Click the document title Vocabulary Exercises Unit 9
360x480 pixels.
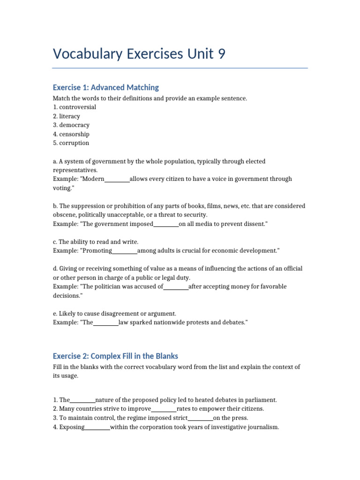click(x=139, y=54)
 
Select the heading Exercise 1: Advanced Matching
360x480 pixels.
click(x=106, y=87)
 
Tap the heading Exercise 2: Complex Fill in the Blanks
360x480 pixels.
click(x=115, y=356)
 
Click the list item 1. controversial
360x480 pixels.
click(x=75, y=107)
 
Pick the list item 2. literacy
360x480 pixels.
click(x=67, y=116)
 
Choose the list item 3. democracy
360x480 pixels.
click(x=71, y=125)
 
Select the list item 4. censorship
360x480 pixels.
click(x=71, y=134)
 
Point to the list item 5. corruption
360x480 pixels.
click(x=71, y=143)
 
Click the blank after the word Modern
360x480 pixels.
click(x=117, y=179)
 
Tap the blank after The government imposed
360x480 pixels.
click(x=166, y=224)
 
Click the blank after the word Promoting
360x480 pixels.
click(x=125, y=251)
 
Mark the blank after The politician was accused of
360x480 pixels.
click(x=176, y=286)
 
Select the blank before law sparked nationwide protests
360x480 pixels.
click(x=106, y=322)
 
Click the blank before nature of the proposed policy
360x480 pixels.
click(x=82, y=400)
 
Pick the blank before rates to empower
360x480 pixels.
click(x=164, y=409)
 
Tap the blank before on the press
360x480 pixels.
click(x=201, y=418)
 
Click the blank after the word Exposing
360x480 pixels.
click(x=97, y=427)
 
